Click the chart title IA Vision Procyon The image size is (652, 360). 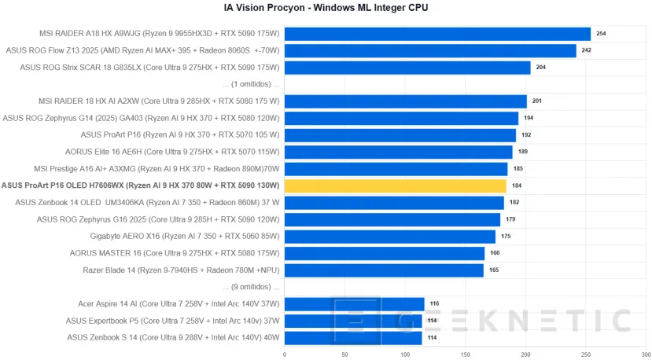(326, 8)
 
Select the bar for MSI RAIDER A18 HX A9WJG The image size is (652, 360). (437, 34)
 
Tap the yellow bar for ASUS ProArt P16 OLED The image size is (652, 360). (395, 186)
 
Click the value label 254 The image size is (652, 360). (602, 34)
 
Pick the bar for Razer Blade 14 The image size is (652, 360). (384, 270)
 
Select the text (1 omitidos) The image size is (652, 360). (251, 84)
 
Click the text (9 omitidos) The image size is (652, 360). (251, 287)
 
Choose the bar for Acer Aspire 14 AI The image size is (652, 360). (354, 303)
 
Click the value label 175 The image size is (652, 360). (506, 236)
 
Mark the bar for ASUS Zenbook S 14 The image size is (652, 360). (352, 337)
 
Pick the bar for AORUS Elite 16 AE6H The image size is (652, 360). (398, 152)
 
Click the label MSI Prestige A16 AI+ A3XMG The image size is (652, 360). (157, 168)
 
